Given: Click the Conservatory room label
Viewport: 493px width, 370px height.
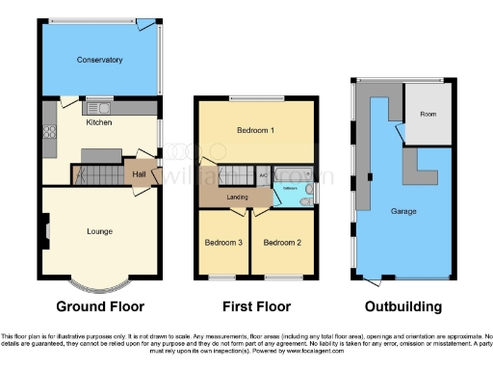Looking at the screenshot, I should (x=100, y=60).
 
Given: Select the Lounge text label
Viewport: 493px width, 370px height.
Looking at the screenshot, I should (x=99, y=231).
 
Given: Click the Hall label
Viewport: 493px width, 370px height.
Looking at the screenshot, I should (x=139, y=174).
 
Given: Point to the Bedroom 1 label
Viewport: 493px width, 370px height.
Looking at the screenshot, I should (x=256, y=129).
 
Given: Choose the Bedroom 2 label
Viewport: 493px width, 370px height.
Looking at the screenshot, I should (x=282, y=242).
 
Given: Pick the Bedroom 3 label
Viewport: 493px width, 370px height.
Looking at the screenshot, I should (x=222, y=242).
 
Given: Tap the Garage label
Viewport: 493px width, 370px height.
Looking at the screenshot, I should (x=403, y=210).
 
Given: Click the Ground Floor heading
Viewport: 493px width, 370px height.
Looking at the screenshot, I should (x=100, y=306).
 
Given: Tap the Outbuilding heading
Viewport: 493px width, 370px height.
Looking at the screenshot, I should (x=403, y=306).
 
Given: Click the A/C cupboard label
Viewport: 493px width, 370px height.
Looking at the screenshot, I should (x=262, y=175).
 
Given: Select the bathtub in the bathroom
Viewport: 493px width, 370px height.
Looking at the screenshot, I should (x=293, y=174).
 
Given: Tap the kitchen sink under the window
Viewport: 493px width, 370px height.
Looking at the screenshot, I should (x=99, y=106).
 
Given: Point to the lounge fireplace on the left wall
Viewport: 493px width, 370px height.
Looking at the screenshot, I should (x=46, y=230).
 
